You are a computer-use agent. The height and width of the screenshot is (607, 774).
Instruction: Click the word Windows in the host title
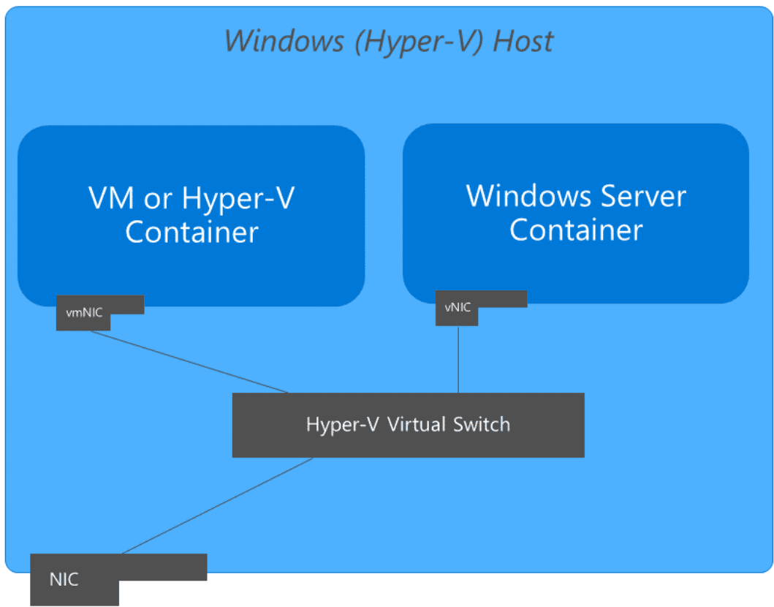click(284, 40)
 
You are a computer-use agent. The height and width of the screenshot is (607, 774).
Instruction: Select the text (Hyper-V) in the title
click(419, 42)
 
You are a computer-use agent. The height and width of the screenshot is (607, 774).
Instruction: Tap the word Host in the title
click(523, 40)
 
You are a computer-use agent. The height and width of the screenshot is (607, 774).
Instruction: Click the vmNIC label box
click(84, 312)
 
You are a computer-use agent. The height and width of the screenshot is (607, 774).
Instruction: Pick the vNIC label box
click(458, 307)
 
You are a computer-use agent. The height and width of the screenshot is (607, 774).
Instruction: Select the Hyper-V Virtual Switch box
click(409, 425)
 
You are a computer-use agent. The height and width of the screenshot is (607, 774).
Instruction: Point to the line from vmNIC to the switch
click(189, 362)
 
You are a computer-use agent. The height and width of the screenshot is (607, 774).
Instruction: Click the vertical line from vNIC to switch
click(458, 360)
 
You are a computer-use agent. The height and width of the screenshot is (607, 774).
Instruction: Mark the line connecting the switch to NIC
click(217, 506)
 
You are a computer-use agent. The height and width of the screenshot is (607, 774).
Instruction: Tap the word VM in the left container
click(111, 198)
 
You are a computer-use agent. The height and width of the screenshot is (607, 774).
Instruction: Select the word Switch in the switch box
click(481, 424)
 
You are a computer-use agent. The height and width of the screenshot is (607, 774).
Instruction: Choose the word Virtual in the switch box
click(417, 424)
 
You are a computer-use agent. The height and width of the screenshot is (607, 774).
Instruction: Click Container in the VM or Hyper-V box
click(191, 232)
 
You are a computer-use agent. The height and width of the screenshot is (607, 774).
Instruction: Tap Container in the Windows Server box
click(576, 230)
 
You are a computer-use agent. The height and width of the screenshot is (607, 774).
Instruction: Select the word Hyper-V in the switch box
click(343, 425)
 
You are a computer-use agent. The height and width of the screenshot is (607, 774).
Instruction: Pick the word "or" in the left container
click(158, 200)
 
